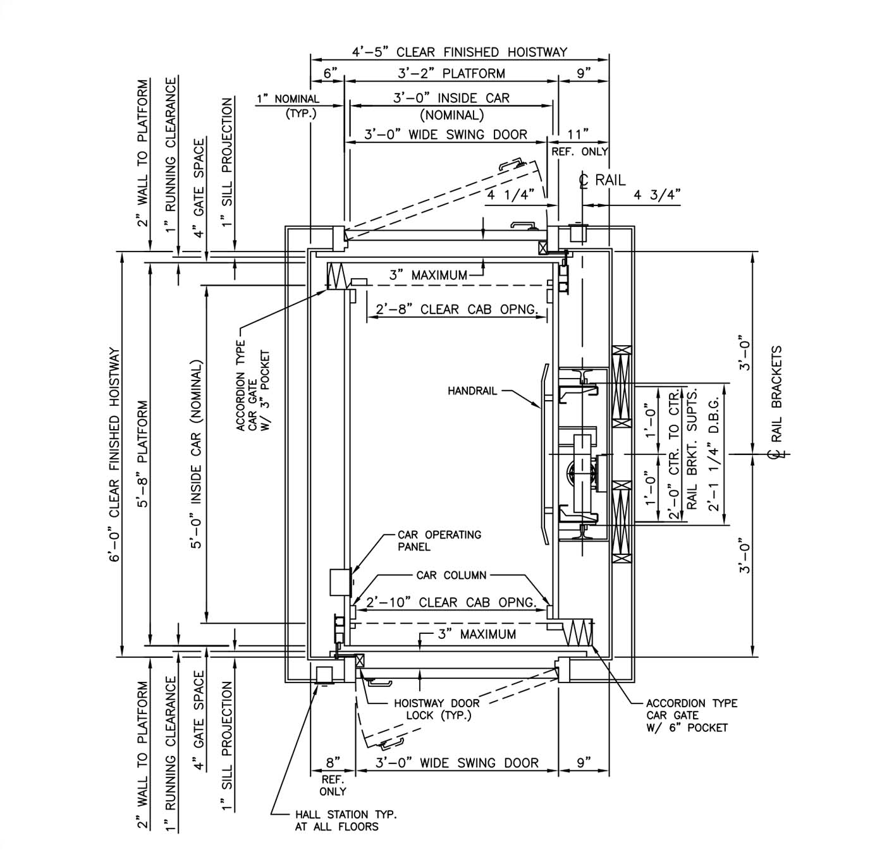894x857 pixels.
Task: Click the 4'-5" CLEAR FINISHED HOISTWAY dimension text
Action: tap(460, 52)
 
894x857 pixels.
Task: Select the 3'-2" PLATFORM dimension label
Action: tap(451, 73)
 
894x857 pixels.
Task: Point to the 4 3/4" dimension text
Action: tap(656, 195)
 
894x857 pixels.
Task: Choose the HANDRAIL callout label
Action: tap(472, 391)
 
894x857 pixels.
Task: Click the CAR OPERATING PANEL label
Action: tap(439, 540)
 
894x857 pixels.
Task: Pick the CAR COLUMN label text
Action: tap(451, 576)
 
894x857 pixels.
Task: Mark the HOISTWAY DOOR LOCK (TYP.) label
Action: tap(437, 709)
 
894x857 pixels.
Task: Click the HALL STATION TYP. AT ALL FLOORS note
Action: tap(345, 820)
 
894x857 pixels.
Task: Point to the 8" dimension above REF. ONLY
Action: tap(333, 762)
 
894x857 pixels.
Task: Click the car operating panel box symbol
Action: tap(340, 582)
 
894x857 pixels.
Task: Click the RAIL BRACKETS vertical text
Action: tap(777, 393)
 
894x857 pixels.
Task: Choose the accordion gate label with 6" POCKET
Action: tap(691, 715)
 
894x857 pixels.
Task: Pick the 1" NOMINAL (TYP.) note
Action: tap(288, 106)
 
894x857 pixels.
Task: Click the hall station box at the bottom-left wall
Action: tap(325, 675)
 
